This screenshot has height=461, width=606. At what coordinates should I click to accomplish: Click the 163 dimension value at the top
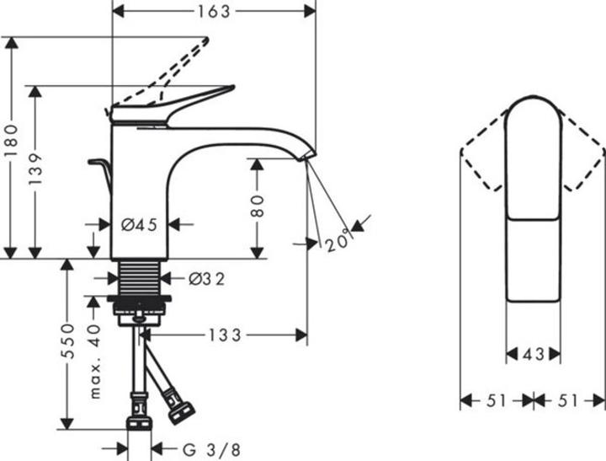pyautogui.click(x=214, y=11)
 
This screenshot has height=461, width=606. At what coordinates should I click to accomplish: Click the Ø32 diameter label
pyautogui.click(x=207, y=277)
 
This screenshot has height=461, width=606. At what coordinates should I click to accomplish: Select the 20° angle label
pyautogui.click(x=338, y=243)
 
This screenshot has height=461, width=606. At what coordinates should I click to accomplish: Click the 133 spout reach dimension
pyautogui.click(x=226, y=335)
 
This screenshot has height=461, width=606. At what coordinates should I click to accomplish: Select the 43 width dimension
pyautogui.click(x=533, y=355)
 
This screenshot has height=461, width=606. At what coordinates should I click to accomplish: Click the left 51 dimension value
pyautogui.click(x=497, y=400)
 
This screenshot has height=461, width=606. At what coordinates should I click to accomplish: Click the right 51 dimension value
pyautogui.click(x=569, y=400)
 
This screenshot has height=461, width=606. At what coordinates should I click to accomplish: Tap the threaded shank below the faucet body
pyautogui.click(x=141, y=277)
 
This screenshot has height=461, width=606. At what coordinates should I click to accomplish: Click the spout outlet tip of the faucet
pyautogui.click(x=309, y=157)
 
